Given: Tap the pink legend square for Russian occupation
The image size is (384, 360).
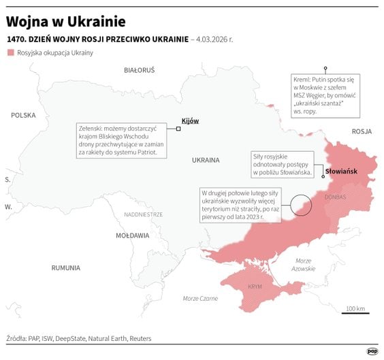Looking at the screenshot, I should click(10, 52).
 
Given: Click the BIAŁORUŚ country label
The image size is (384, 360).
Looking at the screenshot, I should click(139, 70).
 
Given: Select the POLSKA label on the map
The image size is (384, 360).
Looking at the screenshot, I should click(23, 116).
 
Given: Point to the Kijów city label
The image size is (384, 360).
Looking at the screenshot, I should click(190, 120).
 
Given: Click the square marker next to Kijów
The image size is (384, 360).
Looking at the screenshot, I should click(178, 127).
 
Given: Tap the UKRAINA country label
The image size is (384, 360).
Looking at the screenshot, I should click(205, 161).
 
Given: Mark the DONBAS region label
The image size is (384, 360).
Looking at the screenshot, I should click(335, 197).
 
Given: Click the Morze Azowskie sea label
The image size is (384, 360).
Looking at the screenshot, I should click(302, 265).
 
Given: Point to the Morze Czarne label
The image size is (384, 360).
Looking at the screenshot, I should click(200, 299).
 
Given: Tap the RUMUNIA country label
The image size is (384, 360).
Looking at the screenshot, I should click(66, 267).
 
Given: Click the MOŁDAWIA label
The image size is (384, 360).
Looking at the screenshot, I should click(132, 235).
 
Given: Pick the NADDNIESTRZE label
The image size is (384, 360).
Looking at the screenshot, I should click(143, 214).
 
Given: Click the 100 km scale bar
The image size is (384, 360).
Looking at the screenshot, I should click(356, 313).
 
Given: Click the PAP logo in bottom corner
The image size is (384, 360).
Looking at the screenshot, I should click(372, 350).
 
